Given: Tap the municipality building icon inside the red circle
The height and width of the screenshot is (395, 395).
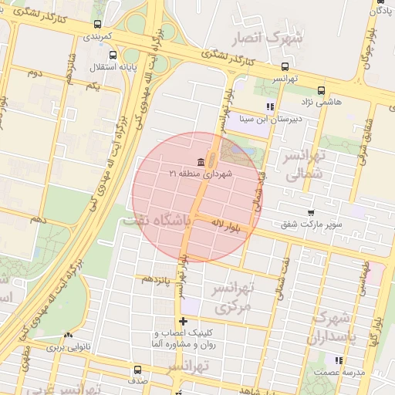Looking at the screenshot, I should pyautogui.click(x=201, y=161).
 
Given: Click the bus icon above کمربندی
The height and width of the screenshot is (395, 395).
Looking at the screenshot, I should pyautogui.click(x=96, y=25).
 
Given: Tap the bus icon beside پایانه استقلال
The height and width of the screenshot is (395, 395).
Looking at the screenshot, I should pyautogui.click(x=113, y=56).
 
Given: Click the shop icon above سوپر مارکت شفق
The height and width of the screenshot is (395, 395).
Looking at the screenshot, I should pyautogui.click(x=311, y=212).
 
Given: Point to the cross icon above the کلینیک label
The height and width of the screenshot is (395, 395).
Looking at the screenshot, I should pyautogui.click(x=183, y=321).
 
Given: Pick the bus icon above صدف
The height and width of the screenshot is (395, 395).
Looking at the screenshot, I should pyautogui.click(x=137, y=370).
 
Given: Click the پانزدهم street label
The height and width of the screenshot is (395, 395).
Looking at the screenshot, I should pyautogui.click(x=157, y=278).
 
